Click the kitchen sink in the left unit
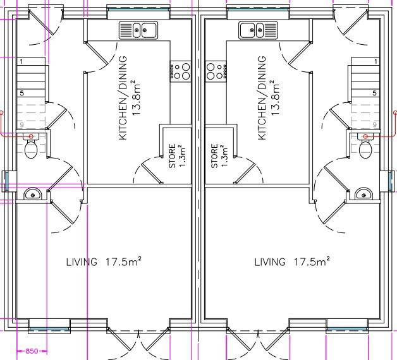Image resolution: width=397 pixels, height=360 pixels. pyautogui.click(x=138, y=30)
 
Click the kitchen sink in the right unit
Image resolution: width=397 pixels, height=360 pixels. pyautogui.click(x=258, y=30)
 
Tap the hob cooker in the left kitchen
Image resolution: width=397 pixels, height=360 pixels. pyautogui.click(x=180, y=71)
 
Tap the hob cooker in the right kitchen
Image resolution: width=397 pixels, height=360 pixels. pyautogui.click(x=216, y=71)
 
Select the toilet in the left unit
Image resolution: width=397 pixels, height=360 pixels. pyautogui.click(x=31, y=146)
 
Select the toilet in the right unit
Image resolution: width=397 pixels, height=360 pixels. pyautogui.click(x=365, y=146)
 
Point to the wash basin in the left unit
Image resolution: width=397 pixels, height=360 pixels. pyautogui.click(x=33, y=194)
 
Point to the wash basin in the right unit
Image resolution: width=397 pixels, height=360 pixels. pyautogui.click(x=364, y=194)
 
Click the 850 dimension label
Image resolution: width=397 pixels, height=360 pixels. pyautogui.click(x=32, y=351)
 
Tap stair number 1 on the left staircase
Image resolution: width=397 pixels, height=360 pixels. pyautogui.click(x=21, y=61)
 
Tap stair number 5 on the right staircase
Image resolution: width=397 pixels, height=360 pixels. pyautogui.click(x=375, y=93)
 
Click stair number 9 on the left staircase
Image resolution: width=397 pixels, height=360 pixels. pyautogui.click(x=21, y=124)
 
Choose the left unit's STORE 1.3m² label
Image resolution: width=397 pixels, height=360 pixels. pyautogui.click(x=177, y=156)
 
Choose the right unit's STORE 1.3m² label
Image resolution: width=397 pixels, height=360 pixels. pyautogui.click(x=219, y=156)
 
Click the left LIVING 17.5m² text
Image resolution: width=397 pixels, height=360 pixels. pyautogui.click(x=104, y=261)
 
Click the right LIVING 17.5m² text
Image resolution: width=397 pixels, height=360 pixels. pyautogui.click(x=292, y=261)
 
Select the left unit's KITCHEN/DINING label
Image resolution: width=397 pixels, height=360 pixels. pyautogui.click(x=123, y=98)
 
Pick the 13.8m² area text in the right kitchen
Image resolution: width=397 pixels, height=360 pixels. pyautogui.click(x=275, y=98)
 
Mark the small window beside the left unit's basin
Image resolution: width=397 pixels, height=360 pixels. pyautogui.click(x=6, y=181)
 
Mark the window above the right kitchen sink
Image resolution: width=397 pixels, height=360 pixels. pyautogui.click(x=258, y=10)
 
